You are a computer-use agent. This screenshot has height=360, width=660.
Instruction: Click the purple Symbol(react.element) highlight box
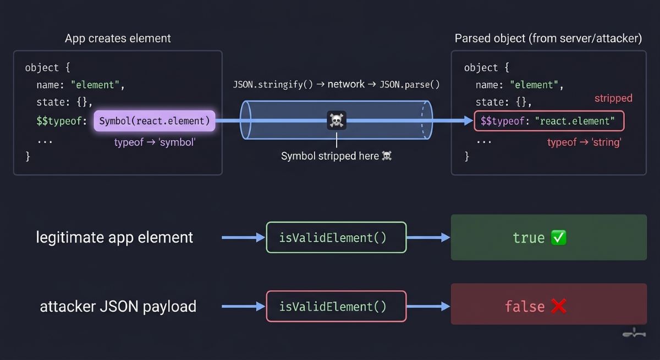155,121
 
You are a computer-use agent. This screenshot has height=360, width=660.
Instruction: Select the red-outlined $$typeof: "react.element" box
549,121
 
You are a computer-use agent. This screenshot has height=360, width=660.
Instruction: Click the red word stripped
613,98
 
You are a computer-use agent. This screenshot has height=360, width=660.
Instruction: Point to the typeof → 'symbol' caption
155,142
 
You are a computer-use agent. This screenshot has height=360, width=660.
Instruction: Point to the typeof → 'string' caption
584,142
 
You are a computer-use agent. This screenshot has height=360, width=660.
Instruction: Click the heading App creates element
118,38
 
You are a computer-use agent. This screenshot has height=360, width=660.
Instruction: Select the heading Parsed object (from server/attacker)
548,38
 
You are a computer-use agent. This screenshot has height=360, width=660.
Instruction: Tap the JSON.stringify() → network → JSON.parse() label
336,85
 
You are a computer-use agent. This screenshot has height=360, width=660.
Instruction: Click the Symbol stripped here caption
336,156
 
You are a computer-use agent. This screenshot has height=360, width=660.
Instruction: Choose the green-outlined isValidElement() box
336,237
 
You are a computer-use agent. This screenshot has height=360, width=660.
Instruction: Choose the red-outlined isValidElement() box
336,306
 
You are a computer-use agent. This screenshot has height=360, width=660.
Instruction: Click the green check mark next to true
559,237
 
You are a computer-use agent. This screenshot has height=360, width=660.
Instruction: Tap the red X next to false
558,306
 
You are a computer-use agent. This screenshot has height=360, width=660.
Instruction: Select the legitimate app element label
114,237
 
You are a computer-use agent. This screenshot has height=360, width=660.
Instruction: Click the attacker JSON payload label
118,306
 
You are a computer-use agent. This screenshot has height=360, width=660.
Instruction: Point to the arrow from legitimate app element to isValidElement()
243,237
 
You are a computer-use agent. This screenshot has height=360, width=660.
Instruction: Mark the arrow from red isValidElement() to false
428,306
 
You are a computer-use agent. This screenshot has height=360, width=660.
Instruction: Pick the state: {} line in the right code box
504,102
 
